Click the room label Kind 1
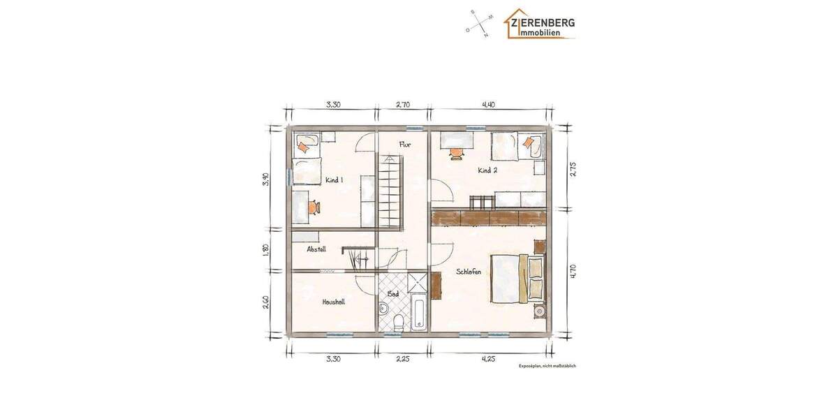point(335,180)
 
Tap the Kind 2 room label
point(487,170)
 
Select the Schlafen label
point(469,272)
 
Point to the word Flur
point(405,145)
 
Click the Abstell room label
point(316,249)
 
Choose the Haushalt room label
point(333,302)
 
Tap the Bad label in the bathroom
point(393,294)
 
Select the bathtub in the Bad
point(418,312)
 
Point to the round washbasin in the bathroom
point(383,309)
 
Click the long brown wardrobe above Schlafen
point(489,218)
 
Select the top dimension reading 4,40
point(488,105)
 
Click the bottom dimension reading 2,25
point(402,359)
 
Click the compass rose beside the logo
point(480,24)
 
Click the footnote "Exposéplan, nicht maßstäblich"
point(547,366)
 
